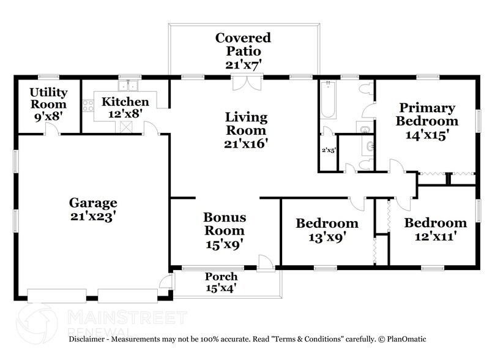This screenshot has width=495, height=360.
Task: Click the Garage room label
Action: coord(92,209)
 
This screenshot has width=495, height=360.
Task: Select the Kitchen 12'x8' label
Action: coord(125,108)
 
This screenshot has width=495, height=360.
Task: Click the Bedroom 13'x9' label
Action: coord(327,230)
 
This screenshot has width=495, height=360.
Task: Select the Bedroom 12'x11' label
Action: coord(435,229)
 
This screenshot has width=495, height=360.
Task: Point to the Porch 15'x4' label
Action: coord(221,283)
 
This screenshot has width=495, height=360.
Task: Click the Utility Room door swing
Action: coord(54,129)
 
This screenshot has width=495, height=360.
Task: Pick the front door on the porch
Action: coord(266,264)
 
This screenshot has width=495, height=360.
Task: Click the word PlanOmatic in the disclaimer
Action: coord(403,339)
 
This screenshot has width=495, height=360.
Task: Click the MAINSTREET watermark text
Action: coord(126,317)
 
